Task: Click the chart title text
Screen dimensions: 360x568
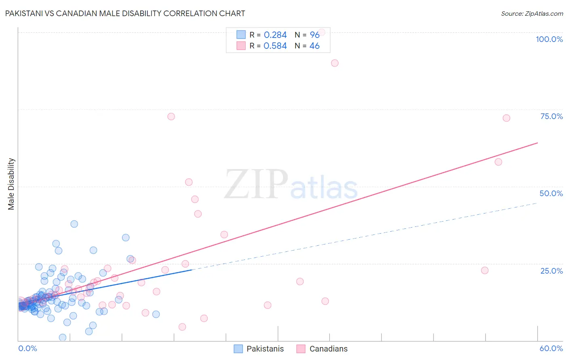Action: point(125,13)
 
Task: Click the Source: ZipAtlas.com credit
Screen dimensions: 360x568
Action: point(532,14)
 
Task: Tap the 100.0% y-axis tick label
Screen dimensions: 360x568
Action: point(549,39)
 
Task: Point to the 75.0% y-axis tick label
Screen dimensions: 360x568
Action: point(551,116)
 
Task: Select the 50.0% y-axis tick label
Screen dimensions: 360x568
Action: point(551,193)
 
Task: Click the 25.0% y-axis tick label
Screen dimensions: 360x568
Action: point(551,271)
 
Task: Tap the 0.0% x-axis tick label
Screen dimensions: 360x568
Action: point(27,348)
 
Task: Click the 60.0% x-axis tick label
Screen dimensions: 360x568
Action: point(551,348)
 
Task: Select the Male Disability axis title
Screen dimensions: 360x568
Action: point(11,184)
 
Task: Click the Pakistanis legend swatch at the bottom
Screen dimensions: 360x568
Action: point(238,349)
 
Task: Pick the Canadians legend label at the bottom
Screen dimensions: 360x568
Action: point(328,349)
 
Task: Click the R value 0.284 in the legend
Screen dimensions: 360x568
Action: point(275,35)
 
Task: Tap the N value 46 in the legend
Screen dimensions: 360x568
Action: point(314,46)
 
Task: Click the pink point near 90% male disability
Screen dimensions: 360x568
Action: point(334,63)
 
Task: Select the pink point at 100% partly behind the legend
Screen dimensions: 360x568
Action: point(322,32)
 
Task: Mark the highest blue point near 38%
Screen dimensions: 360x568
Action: point(74,224)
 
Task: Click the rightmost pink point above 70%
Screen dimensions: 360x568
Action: point(506,118)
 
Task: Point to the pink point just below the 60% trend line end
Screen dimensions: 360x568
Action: point(498,162)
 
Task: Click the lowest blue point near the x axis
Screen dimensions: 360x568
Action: point(63,337)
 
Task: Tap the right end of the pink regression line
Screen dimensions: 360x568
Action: point(537,143)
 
